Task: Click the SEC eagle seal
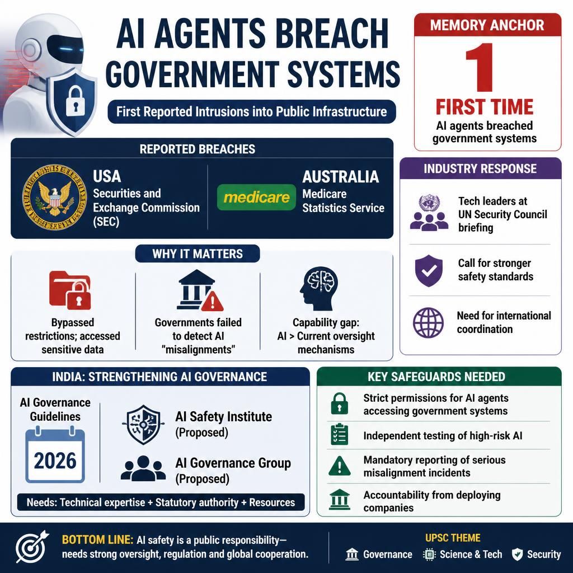tap(54, 196)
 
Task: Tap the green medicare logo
tap(256, 198)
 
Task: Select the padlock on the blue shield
tap(75, 101)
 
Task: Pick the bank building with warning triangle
tap(200, 290)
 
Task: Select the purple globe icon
tap(428, 322)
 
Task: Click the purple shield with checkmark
tap(429, 271)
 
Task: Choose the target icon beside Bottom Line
tap(32, 547)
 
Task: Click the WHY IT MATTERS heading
tap(198, 253)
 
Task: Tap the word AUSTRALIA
tap(340, 177)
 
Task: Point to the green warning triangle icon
tap(340, 466)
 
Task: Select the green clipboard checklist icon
tap(340, 434)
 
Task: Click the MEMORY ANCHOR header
tap(487, 25)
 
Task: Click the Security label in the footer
tap(544, 555)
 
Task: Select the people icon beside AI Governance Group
tap(141, 468)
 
